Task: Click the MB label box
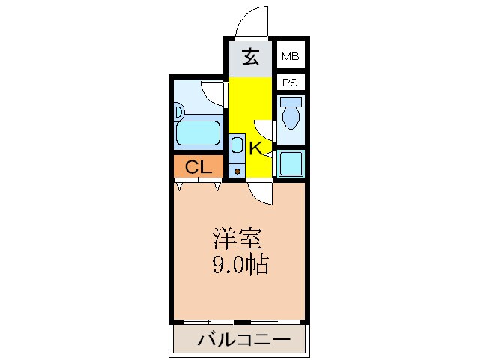tap(289, 55)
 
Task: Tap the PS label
tap(289, 82)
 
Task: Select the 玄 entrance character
tap(252, 57)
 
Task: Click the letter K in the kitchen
tap(255, 148)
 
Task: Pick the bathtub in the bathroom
tap(198, 135)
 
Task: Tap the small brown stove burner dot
tap(238, 172)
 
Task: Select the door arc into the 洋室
tap(261, 194)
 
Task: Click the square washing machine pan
tap(290, 163)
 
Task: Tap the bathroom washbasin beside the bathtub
tap(179, 112)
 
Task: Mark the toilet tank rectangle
tap(291, 100)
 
